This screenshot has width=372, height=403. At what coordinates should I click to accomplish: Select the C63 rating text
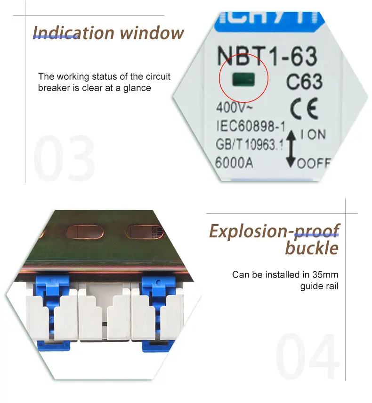(305, 82)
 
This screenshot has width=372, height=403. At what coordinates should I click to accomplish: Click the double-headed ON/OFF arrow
(291, 149)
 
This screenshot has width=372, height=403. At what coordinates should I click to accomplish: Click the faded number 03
(64, 158)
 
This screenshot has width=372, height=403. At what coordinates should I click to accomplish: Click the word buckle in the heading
(312, 248)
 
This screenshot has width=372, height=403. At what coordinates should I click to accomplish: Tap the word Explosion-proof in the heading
(274, 231)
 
